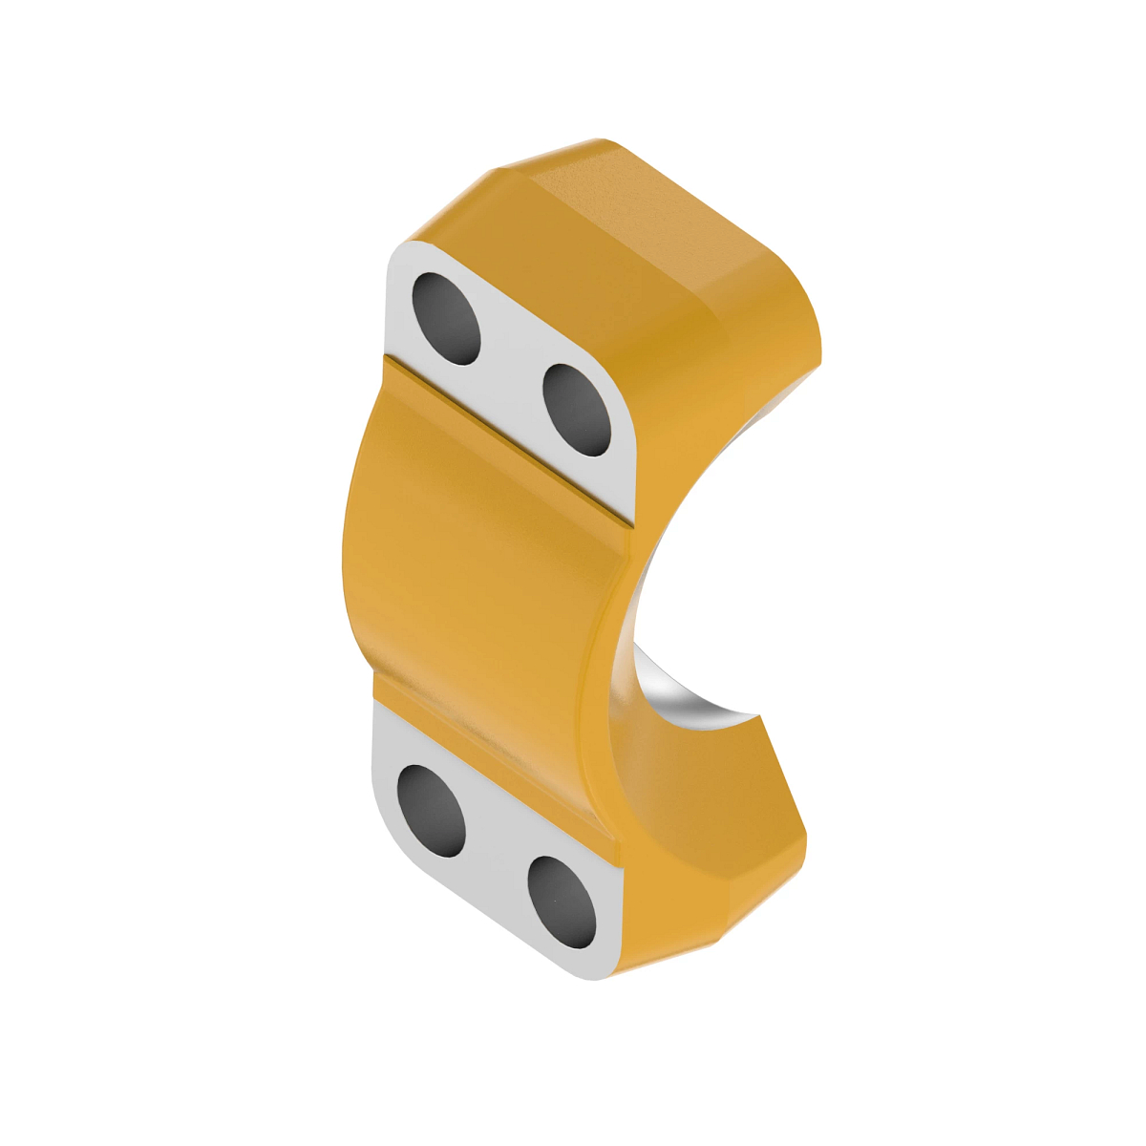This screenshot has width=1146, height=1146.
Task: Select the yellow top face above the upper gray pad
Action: tap(611, 229)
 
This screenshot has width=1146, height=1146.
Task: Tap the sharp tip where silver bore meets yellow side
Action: tap(759, 715)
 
